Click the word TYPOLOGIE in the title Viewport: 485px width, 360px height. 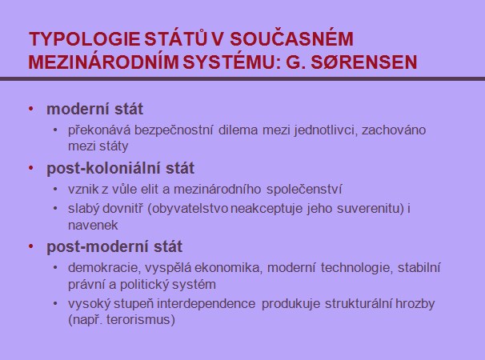(x=84, y=39)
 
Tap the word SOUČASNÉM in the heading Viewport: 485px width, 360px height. (x=291, y=38)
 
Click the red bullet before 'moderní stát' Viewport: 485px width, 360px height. (x=31, y=109)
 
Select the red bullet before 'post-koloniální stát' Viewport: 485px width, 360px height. (x=31, y=168)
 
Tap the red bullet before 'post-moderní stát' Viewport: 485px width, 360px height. (x=31, y=246)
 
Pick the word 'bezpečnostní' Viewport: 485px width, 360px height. (x=174, y=130)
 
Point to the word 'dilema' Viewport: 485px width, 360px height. (x=238, y=130)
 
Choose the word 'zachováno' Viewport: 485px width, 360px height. (x=394, y=130)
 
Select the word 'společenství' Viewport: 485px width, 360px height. (x=304, y=190)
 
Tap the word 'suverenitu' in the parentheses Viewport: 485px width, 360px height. (x=371, y=209)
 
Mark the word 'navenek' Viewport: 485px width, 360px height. (x=93, y=226)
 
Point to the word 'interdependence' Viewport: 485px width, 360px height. (x=206, y=304)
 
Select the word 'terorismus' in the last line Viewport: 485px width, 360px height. (x=138, y=320)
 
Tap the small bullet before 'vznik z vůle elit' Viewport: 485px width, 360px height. (x=55, y=189)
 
